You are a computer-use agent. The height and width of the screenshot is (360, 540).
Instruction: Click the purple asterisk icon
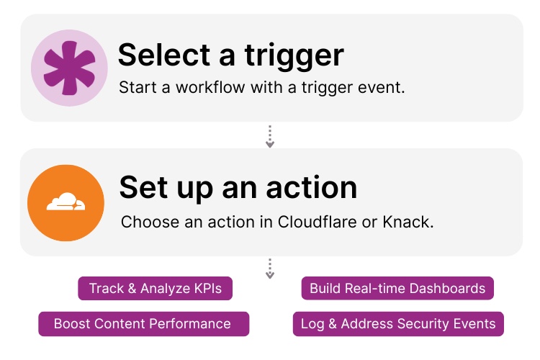point(69,68)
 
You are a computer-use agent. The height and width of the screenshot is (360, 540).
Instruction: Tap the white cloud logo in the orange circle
point(66,204)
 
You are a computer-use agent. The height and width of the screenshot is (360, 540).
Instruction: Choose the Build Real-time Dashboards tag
point(397,289)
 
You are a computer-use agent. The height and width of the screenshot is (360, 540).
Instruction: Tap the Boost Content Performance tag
point(143,323)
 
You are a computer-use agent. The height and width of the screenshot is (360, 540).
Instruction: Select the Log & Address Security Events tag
point(398,323)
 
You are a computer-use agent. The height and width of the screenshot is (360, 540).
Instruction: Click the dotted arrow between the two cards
point(270,137)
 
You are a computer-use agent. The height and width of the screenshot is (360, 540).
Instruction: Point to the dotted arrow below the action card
point(270,269)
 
